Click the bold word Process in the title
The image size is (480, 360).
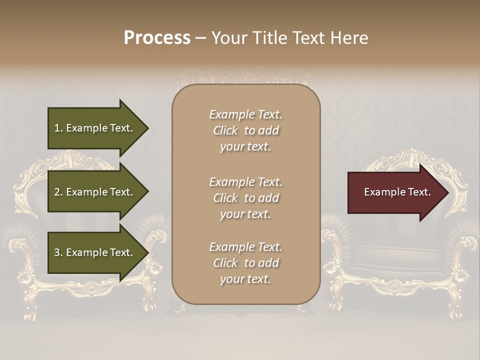point(157,38)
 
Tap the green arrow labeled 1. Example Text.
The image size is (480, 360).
point(95,128)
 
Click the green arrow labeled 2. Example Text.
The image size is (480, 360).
point(95,192)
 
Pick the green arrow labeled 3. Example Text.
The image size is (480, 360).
point(95,252)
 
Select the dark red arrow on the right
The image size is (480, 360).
point(395,192)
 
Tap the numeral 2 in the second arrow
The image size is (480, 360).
point(57,192)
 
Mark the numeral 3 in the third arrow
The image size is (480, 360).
point(57,252)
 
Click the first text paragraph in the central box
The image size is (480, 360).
point(245,130)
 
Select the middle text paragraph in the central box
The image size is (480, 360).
point(245,198)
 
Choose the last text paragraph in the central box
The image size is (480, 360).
point(245,263)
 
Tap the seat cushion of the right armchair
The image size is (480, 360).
point(395,265)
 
